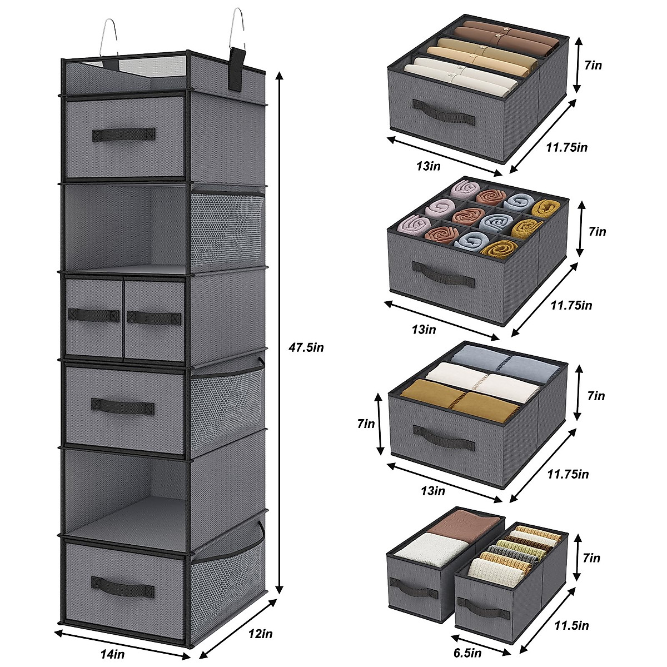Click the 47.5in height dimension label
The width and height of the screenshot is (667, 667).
(306, 348)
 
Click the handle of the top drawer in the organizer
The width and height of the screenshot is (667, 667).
(123, 134)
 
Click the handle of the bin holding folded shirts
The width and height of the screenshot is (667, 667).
(444, 105)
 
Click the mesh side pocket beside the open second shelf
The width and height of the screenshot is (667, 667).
(225, 228)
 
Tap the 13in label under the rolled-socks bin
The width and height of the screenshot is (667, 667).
(424, 330)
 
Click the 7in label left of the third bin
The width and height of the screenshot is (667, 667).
(367, 424)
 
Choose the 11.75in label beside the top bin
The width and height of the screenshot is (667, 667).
(566, 147)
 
